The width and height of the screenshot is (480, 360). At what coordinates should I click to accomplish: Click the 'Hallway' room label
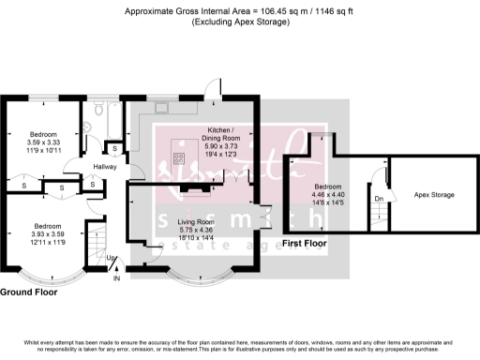pos(103,167)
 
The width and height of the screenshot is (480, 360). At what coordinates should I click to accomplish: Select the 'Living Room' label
pos(195,221)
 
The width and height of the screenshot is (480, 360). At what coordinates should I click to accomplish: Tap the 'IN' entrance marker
pos(117,278)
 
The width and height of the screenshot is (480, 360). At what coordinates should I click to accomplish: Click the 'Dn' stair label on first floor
pos(378,198)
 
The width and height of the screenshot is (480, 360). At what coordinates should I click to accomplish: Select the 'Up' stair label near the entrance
pos(111,258)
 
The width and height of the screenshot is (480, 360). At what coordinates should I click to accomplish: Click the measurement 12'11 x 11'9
pos(47,242)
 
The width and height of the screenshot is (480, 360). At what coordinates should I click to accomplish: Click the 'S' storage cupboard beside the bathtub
pos(113,148)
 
